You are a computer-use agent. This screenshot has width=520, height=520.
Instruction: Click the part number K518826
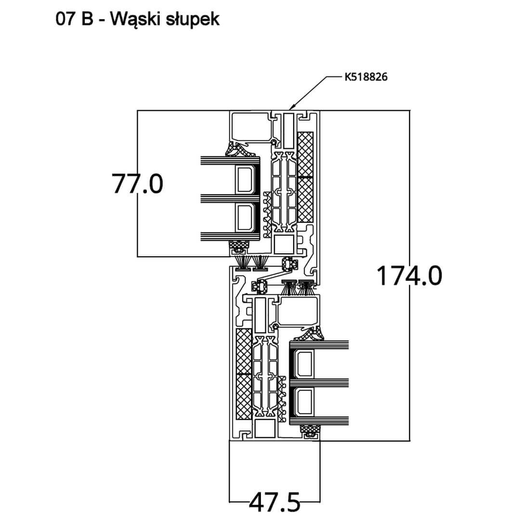(x=366, y=77)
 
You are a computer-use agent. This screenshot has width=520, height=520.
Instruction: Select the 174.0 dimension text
(x=408, y=276)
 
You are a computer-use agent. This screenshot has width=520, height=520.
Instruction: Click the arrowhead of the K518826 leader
(x=290, y=107)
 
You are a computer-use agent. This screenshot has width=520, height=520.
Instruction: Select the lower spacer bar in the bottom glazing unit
(x=304, y=402)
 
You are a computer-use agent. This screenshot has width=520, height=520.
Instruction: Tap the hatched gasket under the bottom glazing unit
(x=309, y=429)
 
